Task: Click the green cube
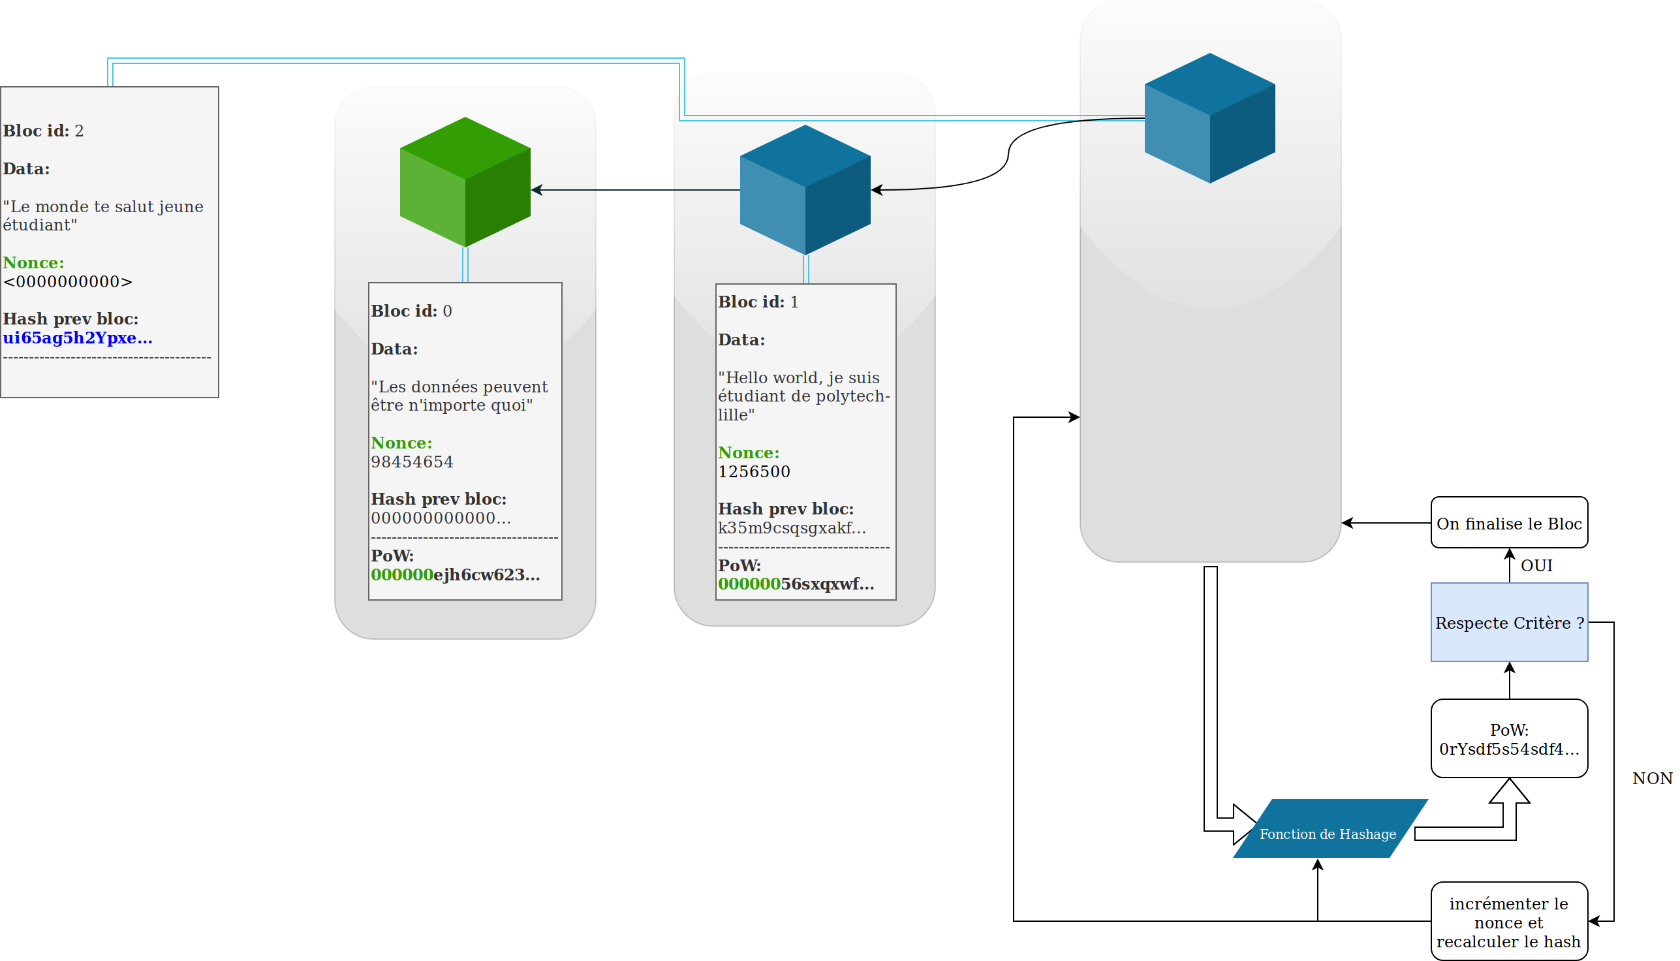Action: tap(465, 182)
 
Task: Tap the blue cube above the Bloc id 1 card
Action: tap(805, 190)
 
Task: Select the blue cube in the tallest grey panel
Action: tap(1209, 118)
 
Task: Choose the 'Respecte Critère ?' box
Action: tap(1509, 622)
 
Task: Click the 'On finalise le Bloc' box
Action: tap(1509, 523)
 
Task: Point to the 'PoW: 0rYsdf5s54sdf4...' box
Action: tap(1509, 738)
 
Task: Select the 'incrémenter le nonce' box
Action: tap(1509, 922)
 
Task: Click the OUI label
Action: tap(1537, 565)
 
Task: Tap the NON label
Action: tap(1653, 778)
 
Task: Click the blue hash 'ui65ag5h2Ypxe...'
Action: tap(78, 338)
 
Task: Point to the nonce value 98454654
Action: tap(412, 462)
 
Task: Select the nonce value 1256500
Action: tap(754, 472)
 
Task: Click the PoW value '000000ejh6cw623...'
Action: tap(456, 575)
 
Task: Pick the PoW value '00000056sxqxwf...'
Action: tap(796, 584)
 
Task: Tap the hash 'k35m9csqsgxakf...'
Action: tap(792, 528)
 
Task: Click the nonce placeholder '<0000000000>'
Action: tap(68, 282)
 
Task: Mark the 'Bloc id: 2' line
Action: tap(44, 131)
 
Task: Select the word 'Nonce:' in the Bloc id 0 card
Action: tap(401, 443)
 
